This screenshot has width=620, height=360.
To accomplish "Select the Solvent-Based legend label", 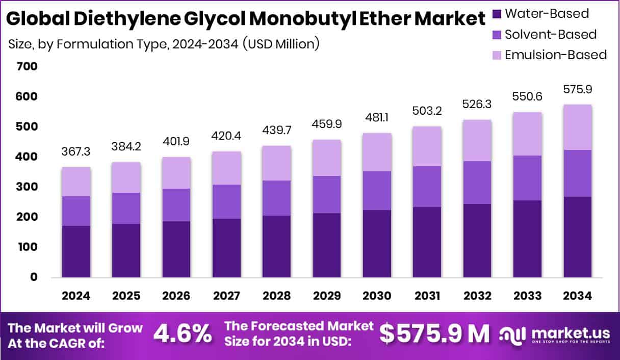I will point(551,35).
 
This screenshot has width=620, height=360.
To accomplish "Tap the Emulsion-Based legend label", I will point(556,55).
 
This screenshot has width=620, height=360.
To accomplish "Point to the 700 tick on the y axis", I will point(27,66).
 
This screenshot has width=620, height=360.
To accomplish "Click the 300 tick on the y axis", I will point(27,187).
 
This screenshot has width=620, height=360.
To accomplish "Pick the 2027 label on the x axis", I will point(227,296).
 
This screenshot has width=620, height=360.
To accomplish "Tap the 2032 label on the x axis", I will point(477,296).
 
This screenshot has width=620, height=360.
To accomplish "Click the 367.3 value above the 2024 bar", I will point(76,152).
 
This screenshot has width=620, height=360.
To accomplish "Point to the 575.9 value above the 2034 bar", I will point(577,89).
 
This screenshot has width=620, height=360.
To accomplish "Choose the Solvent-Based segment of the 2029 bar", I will point(327,194).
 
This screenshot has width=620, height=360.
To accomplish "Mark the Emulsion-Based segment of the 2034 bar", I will point(577,127).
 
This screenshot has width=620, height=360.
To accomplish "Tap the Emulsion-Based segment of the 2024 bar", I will point(76,182).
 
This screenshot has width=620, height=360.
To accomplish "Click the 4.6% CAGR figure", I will point(183,334).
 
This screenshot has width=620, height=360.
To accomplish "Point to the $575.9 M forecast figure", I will point(434,334).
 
